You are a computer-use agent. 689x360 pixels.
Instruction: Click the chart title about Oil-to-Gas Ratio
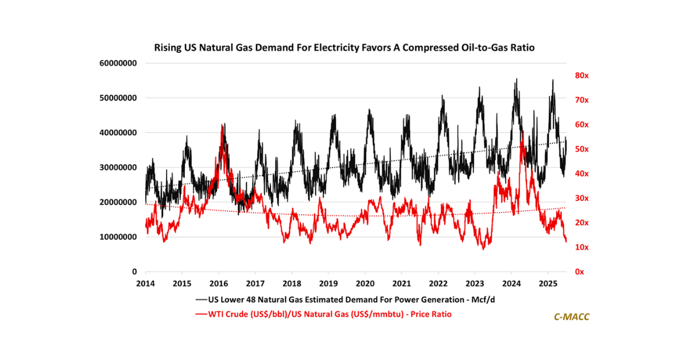coord(344,48)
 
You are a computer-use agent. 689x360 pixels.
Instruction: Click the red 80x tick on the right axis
coord(575,75)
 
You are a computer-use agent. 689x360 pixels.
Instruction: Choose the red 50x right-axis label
coord(575,149)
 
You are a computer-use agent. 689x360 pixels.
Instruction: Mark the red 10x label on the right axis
coord(575,247)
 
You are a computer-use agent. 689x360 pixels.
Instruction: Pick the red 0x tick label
coord(574,272)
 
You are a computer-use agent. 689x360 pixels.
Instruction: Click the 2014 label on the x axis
coord(145,284)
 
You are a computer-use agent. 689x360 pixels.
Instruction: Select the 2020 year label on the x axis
coord(365,284)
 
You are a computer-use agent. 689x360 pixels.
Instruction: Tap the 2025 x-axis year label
coord(548,284)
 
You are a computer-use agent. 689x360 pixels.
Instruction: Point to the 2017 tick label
coord(255,284)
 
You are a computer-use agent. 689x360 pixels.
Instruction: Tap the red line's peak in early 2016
coord(222,125)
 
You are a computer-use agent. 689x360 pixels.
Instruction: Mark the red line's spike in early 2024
coord(522,133)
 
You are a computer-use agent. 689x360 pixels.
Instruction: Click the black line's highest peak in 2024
coord(516,79)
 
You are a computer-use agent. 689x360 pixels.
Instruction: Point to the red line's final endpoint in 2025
coord(566,241)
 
